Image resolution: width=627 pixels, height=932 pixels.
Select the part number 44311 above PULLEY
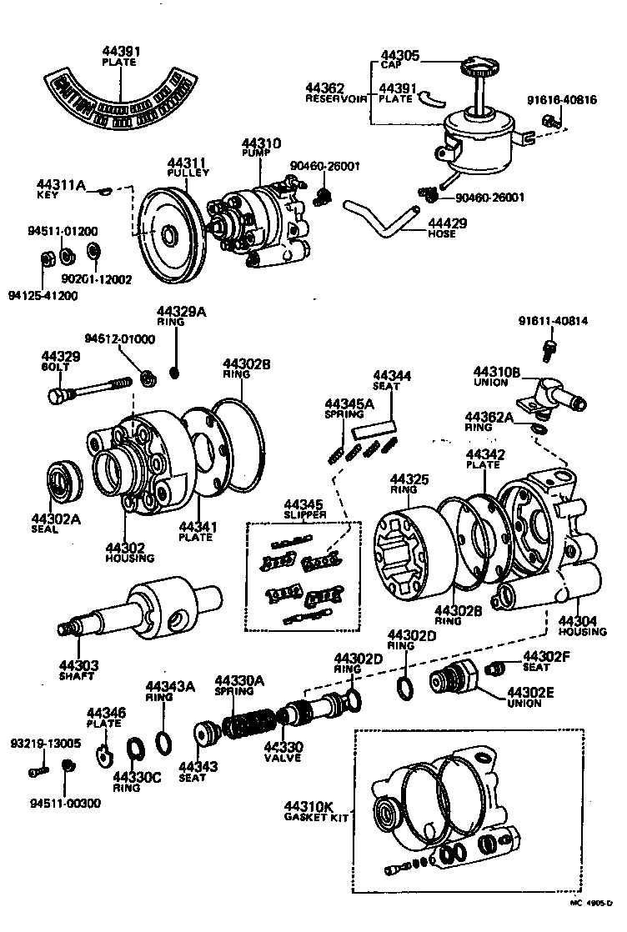(x=187, y=163)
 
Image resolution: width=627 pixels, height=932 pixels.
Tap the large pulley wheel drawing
(x=167, y=237)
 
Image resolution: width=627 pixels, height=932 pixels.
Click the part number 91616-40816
(x=561, y=100)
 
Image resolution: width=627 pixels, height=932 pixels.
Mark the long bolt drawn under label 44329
(x=92, y=388)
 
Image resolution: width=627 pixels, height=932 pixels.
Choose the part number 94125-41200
(x=43, y=295)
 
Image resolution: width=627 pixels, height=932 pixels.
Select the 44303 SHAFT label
(x=79, y=670)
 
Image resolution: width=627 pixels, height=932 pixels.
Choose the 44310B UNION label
(x=497, y=377)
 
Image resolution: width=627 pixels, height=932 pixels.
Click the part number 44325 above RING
(x=409, y=479)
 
